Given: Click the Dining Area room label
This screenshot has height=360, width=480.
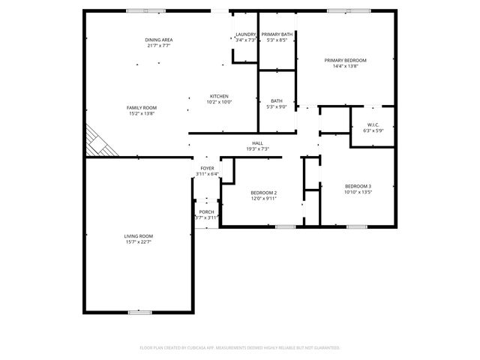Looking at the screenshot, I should click(x=159, y=39).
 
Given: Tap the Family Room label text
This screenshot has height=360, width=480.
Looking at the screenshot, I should click(x=141, y=107).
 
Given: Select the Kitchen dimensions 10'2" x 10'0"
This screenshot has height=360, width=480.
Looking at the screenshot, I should click(x=219, y=102).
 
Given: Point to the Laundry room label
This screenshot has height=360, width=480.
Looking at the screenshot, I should click(x=245, y=34).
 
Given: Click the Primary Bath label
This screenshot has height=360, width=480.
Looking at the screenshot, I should click(x=277, y=34).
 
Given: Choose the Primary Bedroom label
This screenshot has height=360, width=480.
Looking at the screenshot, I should click(x=346, y=60).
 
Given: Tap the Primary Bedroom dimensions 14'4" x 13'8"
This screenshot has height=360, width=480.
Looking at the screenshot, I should click(x=346, y=66).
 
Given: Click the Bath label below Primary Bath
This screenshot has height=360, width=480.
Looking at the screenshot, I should click(x=277, y=100).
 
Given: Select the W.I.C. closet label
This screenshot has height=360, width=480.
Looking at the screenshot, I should click(x=373, y=124).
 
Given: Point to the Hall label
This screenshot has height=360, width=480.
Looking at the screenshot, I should click(x=257, y=142).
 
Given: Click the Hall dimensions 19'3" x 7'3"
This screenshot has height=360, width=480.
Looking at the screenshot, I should click(x=257, y=148).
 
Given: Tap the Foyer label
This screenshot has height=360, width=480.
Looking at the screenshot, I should click(x=207, y=168).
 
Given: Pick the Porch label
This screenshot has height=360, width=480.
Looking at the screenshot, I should click(x=206, y=211).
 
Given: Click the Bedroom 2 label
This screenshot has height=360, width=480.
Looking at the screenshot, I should click(x=264, y=193).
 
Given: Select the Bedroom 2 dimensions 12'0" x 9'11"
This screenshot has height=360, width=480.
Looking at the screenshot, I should click(x=264, y=199).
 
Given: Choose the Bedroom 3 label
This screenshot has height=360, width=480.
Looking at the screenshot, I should click(x=358, y=186).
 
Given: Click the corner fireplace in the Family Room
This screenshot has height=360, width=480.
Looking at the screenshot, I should click(x=99, y=142).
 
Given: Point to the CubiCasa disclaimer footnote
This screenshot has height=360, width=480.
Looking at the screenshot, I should click(x=240, y=348).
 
